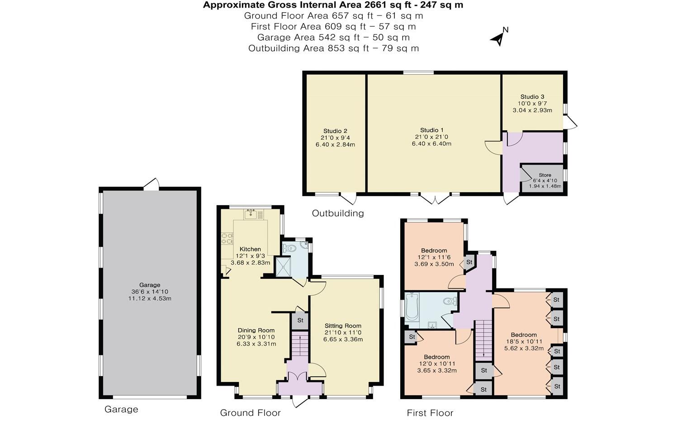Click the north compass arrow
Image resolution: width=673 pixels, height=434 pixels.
498,38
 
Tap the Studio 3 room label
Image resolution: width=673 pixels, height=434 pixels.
532,97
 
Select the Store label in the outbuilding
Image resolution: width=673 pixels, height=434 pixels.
545,175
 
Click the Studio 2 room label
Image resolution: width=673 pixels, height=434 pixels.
335,131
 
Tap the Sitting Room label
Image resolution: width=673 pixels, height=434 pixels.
343,325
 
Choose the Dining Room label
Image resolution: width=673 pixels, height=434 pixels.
256,330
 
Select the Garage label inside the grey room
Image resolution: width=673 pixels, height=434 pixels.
150,285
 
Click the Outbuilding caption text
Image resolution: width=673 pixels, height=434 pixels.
338,213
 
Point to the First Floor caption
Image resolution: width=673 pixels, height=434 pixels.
430,413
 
